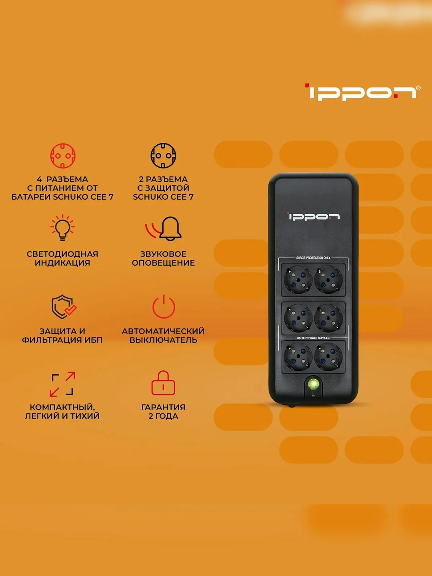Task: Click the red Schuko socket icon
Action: click(x=63, y=156)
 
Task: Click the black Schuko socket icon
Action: click(x=163, y=156)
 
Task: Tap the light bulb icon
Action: click(x=62, y=228)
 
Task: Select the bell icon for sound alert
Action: click(x=170, y=228)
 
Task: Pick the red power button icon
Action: click(x=164, y=306)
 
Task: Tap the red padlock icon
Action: click(x=163, y=383)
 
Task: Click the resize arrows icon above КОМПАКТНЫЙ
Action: click(x=62, y=383)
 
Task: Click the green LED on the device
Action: click(x=313, y=384)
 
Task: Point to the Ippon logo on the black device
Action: click(x=314, y=216)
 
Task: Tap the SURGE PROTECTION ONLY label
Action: click(x=313, y=258)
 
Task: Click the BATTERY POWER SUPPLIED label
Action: click(x=313, y=338)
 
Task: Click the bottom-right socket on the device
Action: click(x=328, y=356)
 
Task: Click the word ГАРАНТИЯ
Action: click(x=163, y=407)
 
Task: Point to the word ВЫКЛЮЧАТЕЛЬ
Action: click(x=163, y=340)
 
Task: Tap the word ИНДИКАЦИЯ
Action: click(x=62, y=263)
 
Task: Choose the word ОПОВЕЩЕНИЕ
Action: click(x=163, y=263)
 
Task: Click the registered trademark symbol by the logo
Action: click(x=418, y=88)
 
